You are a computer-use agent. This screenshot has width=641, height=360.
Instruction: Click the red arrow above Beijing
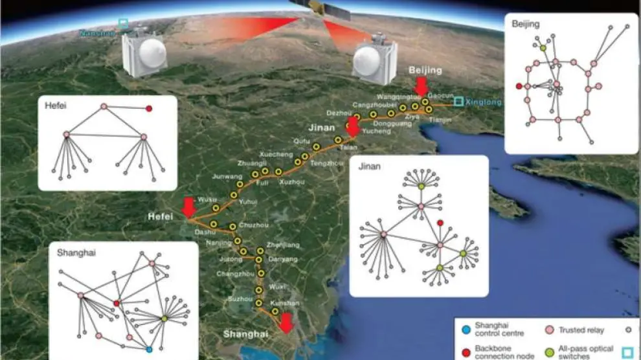422,85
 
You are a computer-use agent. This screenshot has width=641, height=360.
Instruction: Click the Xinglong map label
484,102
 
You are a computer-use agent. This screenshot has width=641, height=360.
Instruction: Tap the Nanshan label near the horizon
96,32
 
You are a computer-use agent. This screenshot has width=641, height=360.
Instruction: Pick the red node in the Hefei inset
149,109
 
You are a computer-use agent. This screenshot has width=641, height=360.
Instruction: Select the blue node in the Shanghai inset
149,350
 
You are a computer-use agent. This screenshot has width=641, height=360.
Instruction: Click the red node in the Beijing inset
519,86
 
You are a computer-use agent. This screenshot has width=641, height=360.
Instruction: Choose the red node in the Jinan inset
440,223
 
